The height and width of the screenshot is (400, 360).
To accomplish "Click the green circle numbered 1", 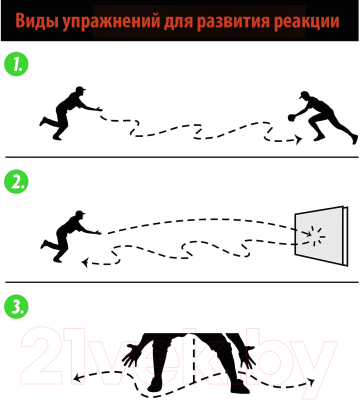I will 16,68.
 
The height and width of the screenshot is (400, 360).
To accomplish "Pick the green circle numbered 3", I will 16,306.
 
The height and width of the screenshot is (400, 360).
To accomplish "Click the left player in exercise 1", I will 72,112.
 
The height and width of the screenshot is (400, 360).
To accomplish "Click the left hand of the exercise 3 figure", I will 130,353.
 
